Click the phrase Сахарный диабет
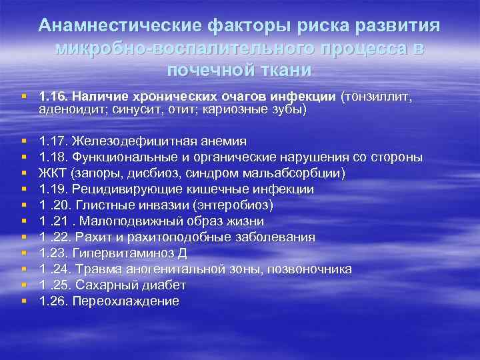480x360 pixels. click(x=131, y=285)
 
